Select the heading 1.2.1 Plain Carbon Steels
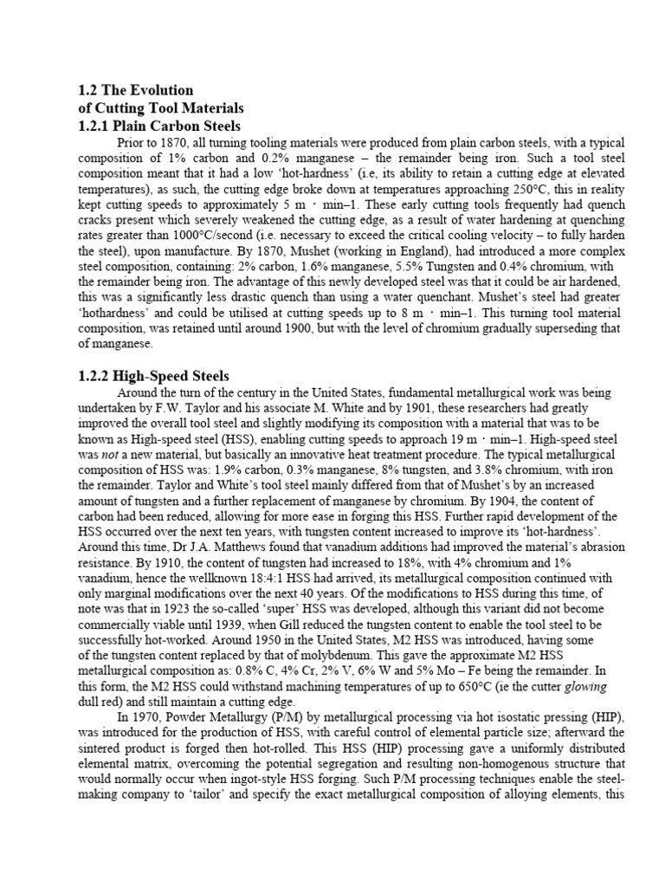click(159, 126)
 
